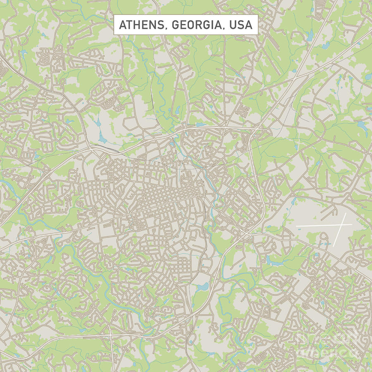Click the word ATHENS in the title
[141, 25]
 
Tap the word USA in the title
[241, 25]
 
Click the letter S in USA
[240, 25]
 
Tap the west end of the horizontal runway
[296, 226]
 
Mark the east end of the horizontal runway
[352, 225]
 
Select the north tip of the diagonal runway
[345, 214]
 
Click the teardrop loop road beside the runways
[323, 236]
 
